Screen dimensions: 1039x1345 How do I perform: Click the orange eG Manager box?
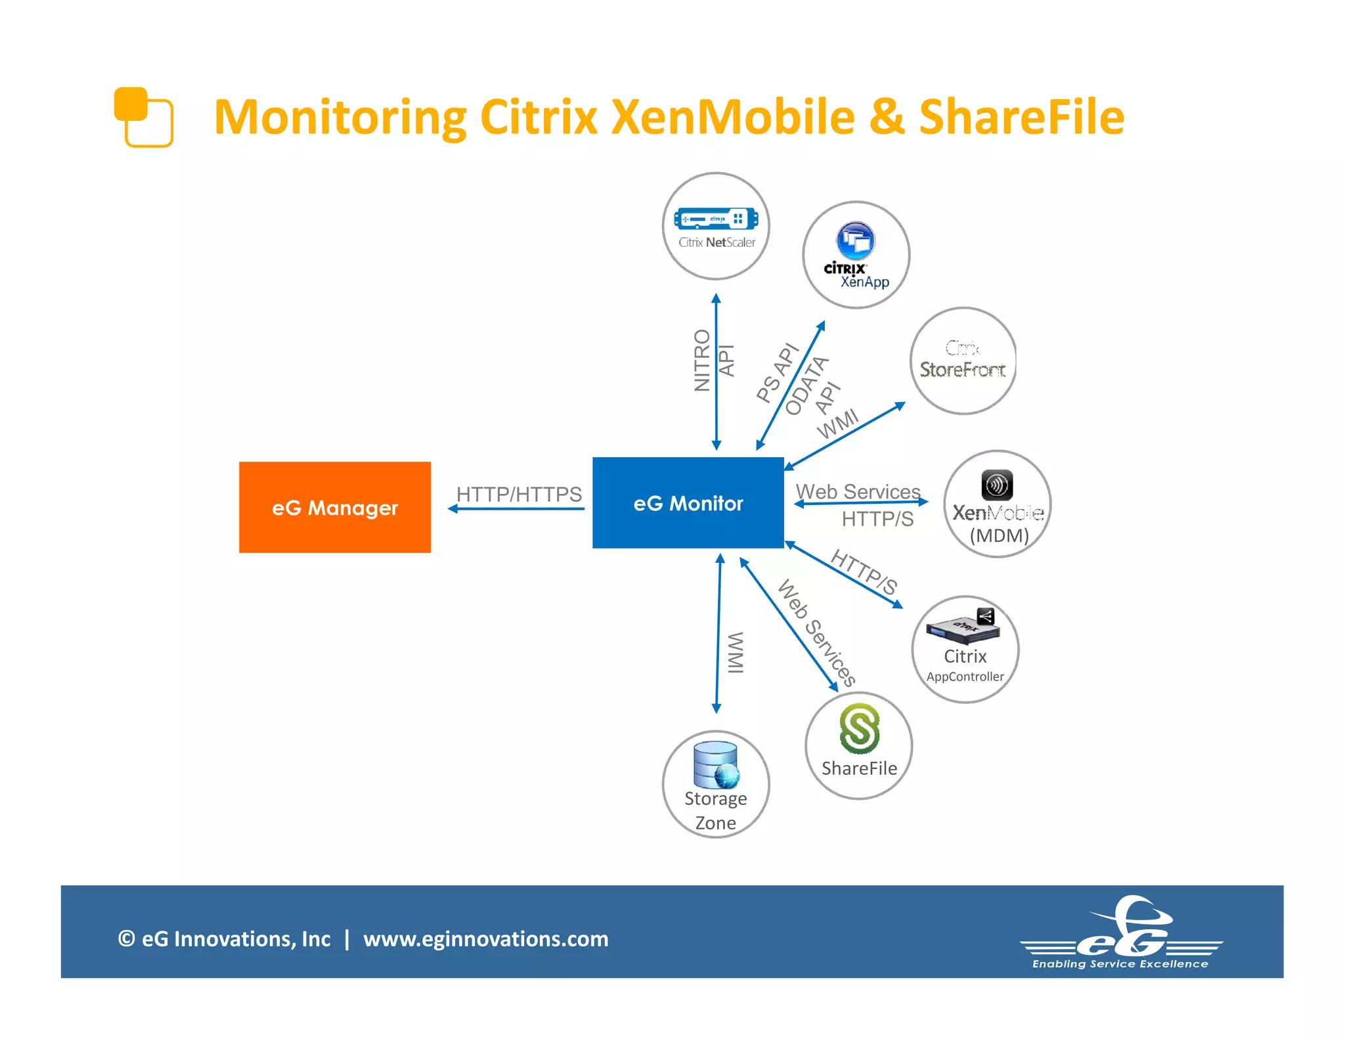pyautogui.click(x=334, y=507)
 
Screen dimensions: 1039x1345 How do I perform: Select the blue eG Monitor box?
pyautogui.click(x=688, y=503)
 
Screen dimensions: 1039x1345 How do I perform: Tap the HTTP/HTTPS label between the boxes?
pyautogui.click(x=519, y=494)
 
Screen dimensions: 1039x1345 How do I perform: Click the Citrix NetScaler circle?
pyautogui.click(x=716, y=226)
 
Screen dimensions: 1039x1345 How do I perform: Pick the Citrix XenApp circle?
pyautogui.click(x=856, y=255)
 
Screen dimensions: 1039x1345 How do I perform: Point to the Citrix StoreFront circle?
pyautogui.click(x=963, y=361)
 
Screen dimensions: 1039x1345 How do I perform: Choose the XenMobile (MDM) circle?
pyautogui.click(x=997, y=504)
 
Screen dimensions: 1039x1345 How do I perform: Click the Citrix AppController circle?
pyautogui.click(x=965, y=649)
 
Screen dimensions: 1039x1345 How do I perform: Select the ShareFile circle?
pyautogui.click(x=858, y=745)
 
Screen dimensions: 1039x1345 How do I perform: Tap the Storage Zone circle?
pyautogui.click(x=715, y=784)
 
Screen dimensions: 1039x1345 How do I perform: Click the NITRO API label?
pyautogui.click(x=713, y=361)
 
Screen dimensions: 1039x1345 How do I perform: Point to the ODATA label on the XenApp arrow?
pyautogui.click(x=807, y=386)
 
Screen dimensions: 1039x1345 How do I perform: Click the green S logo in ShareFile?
pyautogui.click(x=859, y=728)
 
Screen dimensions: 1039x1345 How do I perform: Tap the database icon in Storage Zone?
pyautogui.click(x=716, y=764)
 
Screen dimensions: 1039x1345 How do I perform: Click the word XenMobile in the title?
pyautogui.click(x=733, y=117)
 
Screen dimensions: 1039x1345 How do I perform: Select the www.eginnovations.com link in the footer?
pyautogui.click(x=486, y=939)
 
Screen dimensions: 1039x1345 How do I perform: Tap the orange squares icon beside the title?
pyautogui.click(x=143, y=117)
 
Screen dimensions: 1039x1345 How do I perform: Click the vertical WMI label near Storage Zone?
pyautogui.click(x=736, y=652)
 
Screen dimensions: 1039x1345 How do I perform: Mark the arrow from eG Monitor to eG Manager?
pyautogui.click(x=516, y=509)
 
